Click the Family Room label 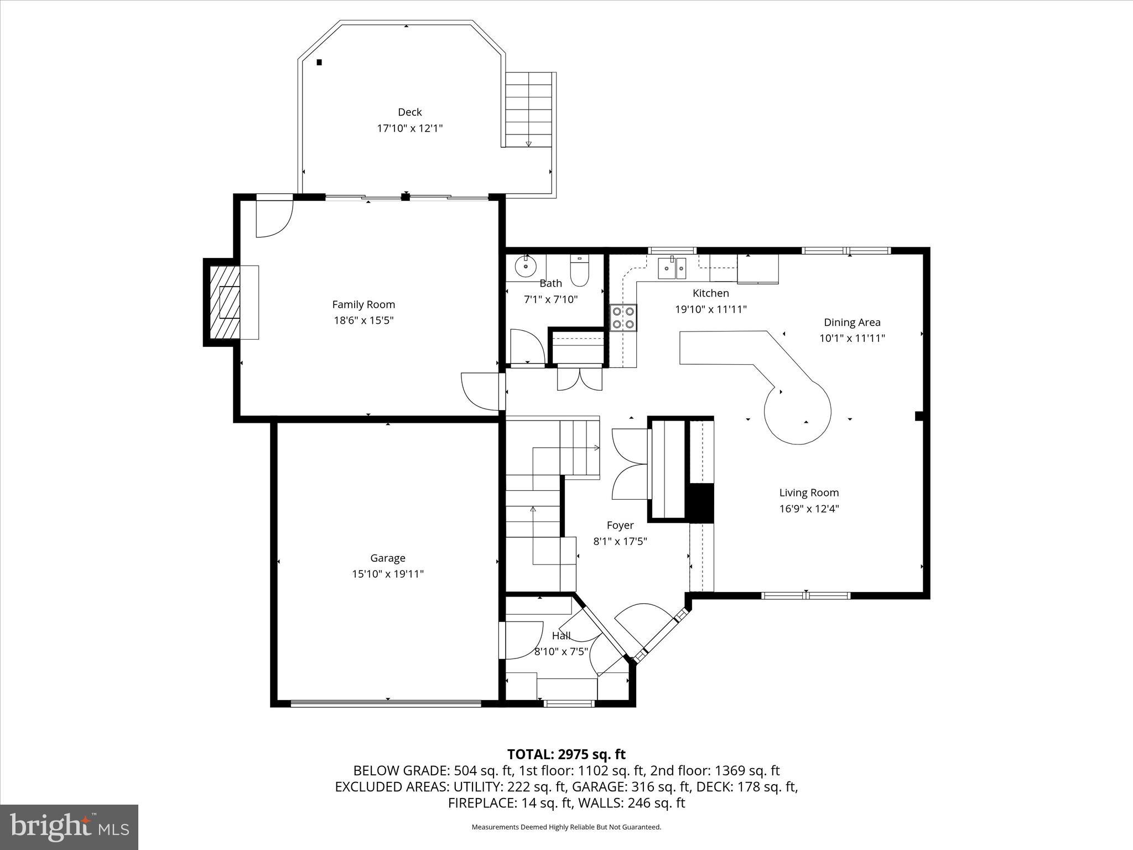pyautogui.click(x=363, y=304)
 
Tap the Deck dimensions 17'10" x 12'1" pyautogui.click(x=410, y=128)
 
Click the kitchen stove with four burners pyautogui.click(x=623, y=318)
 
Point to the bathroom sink pyautogui.click(x=525, y=267)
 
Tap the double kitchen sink pyautogui.click(x=672, y=269)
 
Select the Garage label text pyautogui.click(x=388, y=558)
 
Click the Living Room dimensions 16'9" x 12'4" pyautogui.click(x=809, y=509)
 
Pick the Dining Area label pyautogui.click(x=852, y=322)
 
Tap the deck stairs pyautogui.click(x=529, y=109)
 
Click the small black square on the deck pyautogui.click(x=319, y=63)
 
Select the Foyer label pyautogui.click(x=620, y=525)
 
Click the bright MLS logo pyautogui.click(x=69, y=827)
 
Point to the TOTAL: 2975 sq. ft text pyautogui.click(x=566, y=754)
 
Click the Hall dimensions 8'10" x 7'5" pyautogui.click(x=561, y=652)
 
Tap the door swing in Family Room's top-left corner pyautogui.click(x=274, y=219)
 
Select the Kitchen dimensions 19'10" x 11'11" pyautogui.click(x=710, y=309)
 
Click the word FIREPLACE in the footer pyautogui.click(x=482, y=803)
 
